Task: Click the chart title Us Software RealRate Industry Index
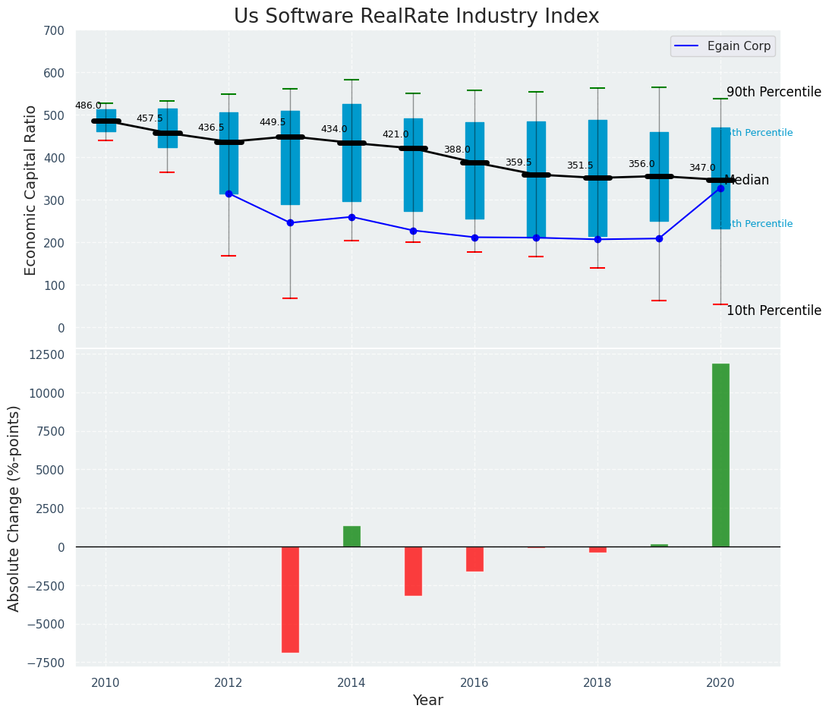416,17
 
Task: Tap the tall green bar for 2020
720,455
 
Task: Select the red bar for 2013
290,600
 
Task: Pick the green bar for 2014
351,537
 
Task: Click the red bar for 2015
413,571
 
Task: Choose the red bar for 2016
474,559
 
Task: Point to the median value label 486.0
88,106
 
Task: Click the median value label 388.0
457,150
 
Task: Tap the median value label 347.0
702,168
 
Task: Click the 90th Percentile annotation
774,92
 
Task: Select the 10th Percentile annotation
774,310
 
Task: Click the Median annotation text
747,180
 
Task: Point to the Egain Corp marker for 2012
229,194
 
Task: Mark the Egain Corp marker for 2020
720,188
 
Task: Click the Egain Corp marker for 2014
351,217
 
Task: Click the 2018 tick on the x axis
597,682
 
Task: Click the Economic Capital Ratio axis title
30,190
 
